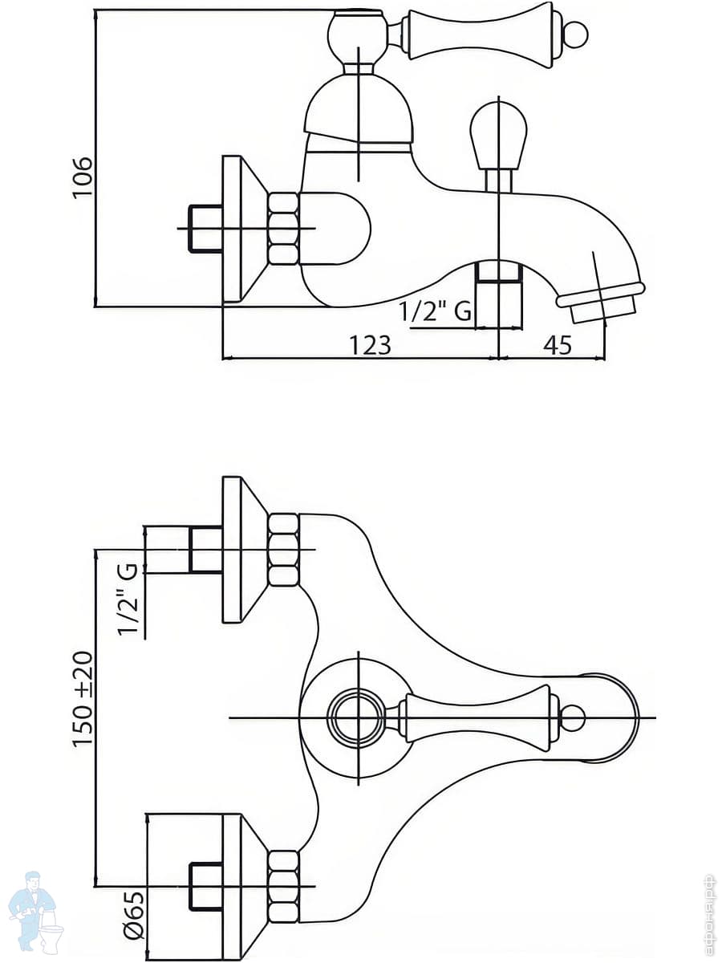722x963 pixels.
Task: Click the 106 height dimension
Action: tap(83, 178)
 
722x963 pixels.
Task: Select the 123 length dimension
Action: tap(370, 345)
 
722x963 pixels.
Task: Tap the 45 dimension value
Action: tap(558, 345)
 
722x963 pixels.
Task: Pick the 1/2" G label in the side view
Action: tap(436, 311)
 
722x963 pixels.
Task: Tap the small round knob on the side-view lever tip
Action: tap(574, 35)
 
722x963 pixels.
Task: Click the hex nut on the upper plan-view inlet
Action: tap(282, 550)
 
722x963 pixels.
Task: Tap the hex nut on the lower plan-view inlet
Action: tap(282, 886)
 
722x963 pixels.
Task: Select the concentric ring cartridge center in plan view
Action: tap(357, 717)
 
